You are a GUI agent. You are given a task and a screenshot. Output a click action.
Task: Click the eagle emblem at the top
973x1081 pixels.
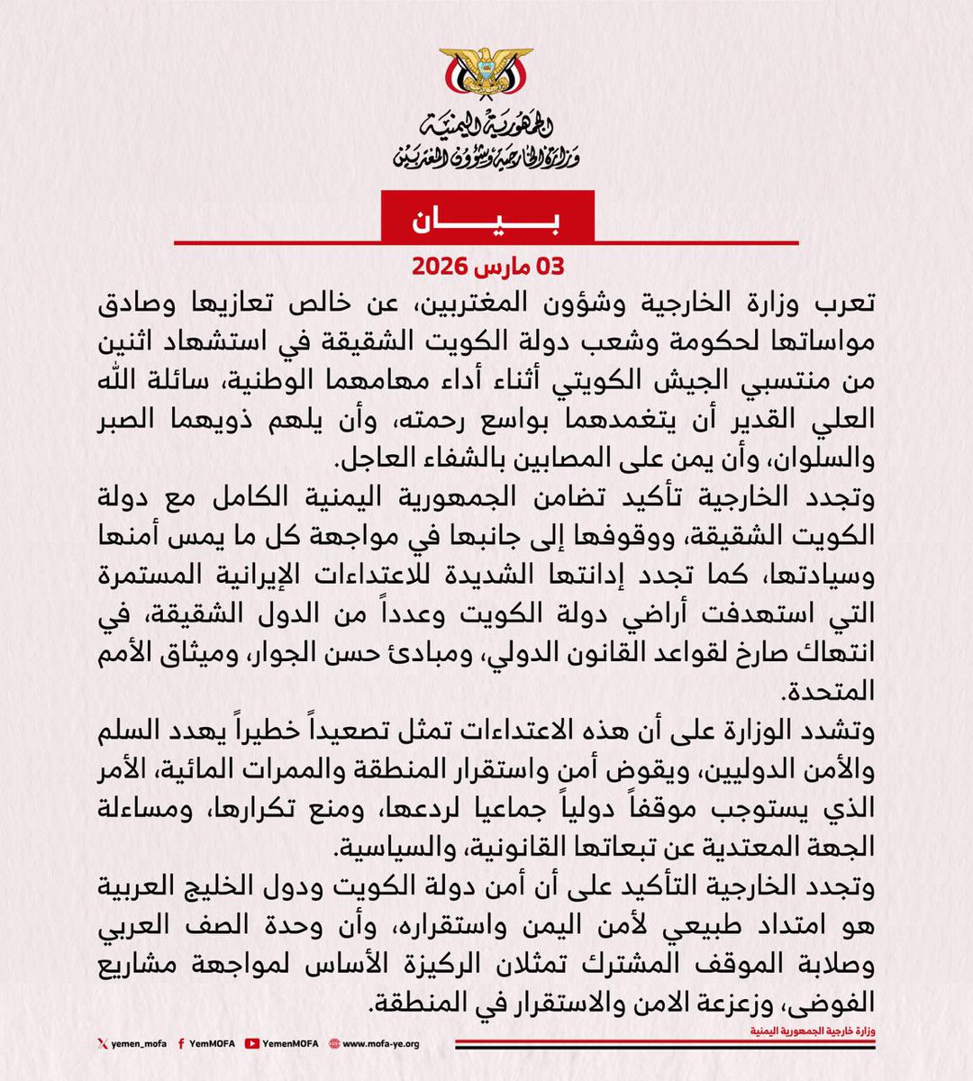(x=486, y=80)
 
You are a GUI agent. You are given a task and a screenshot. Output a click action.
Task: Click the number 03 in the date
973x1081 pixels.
(x=548, y=268)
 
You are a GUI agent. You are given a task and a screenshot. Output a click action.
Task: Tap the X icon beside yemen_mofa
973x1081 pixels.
(x=101, y=1044)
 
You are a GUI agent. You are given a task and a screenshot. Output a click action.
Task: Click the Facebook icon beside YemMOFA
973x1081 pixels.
(x=182, y=1044)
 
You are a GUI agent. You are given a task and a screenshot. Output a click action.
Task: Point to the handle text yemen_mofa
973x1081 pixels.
(x=135, y=1044)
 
